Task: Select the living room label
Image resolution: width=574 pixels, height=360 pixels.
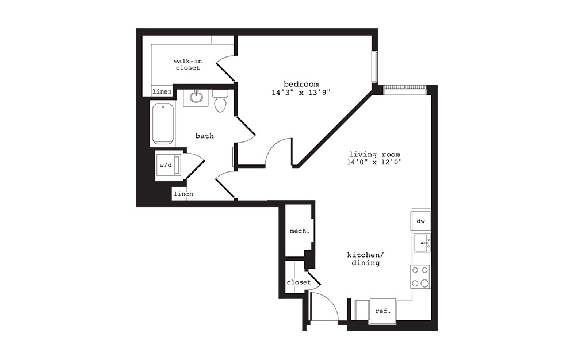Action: click(x=375, y=154)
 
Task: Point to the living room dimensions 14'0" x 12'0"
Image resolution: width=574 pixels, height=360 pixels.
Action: click(x=375, y=162)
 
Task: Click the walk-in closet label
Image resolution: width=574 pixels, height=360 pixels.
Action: click(x=187, y=64)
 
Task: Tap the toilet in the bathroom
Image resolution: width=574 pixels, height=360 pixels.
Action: click(x=220, y=101)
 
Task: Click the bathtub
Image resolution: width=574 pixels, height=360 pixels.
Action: click(x=163, y=123)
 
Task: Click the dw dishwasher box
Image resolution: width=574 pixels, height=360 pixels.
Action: click(x=420, y=221)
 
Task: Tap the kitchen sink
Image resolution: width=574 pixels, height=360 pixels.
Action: click(x=420, y=243)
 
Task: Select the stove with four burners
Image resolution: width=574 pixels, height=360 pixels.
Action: click(x=420, y=276)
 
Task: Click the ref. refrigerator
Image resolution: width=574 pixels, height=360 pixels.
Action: click(x=382, y=311)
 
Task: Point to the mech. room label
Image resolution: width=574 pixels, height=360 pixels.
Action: click(x=300, y=231)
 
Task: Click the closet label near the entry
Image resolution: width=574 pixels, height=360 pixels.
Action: click(x=299, y=282)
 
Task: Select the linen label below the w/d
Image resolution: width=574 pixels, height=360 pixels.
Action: click(x=183, y=194)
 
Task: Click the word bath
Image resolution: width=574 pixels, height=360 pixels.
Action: click(x=204, y=136)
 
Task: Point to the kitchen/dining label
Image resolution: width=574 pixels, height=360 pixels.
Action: click(x=363, y=259)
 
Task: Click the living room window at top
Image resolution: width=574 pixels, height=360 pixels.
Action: click(x=405, y=87)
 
